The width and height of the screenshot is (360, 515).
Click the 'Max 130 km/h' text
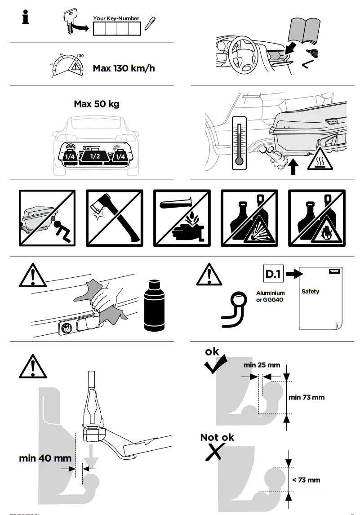pyautogui.click(x=124, y=68)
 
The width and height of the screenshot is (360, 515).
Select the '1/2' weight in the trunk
pyautogui.click(x=95, y=156)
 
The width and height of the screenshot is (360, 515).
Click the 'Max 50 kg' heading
pyautogui.click(x=97, y=104)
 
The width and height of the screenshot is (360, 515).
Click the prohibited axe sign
pyautogui.click(x=114, y=218)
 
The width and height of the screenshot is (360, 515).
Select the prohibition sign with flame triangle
pyautogui.click(x=316, y=218)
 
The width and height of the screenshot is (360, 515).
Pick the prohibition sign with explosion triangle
pyautogui.click(x=249, y=218)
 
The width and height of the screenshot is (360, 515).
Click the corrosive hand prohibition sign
pyautogui.click(x=182, y=218)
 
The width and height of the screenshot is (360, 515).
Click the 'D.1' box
pyautogui.click(x=273, y=274)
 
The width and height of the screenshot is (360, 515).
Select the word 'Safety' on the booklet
pyautogui.click(x=310, y=291)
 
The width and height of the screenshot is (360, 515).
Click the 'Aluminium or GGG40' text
pyautogui.click(x=271, y=296)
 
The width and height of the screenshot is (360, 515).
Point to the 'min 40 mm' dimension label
pyautogui.click(x=45, y=458)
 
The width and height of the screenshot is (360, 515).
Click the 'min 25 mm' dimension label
pyautogui.click(x=262, y=365)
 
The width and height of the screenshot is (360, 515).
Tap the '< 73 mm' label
pyautogui.click(x=306, y=480)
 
